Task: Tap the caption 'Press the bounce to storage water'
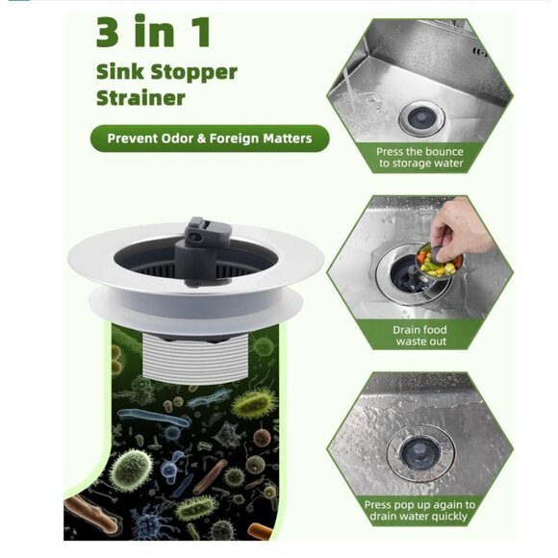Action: pos(420,157)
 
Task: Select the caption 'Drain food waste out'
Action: pos(420,336)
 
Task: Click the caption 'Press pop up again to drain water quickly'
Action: pos(420,511)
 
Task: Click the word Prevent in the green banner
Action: pos(135,139)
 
